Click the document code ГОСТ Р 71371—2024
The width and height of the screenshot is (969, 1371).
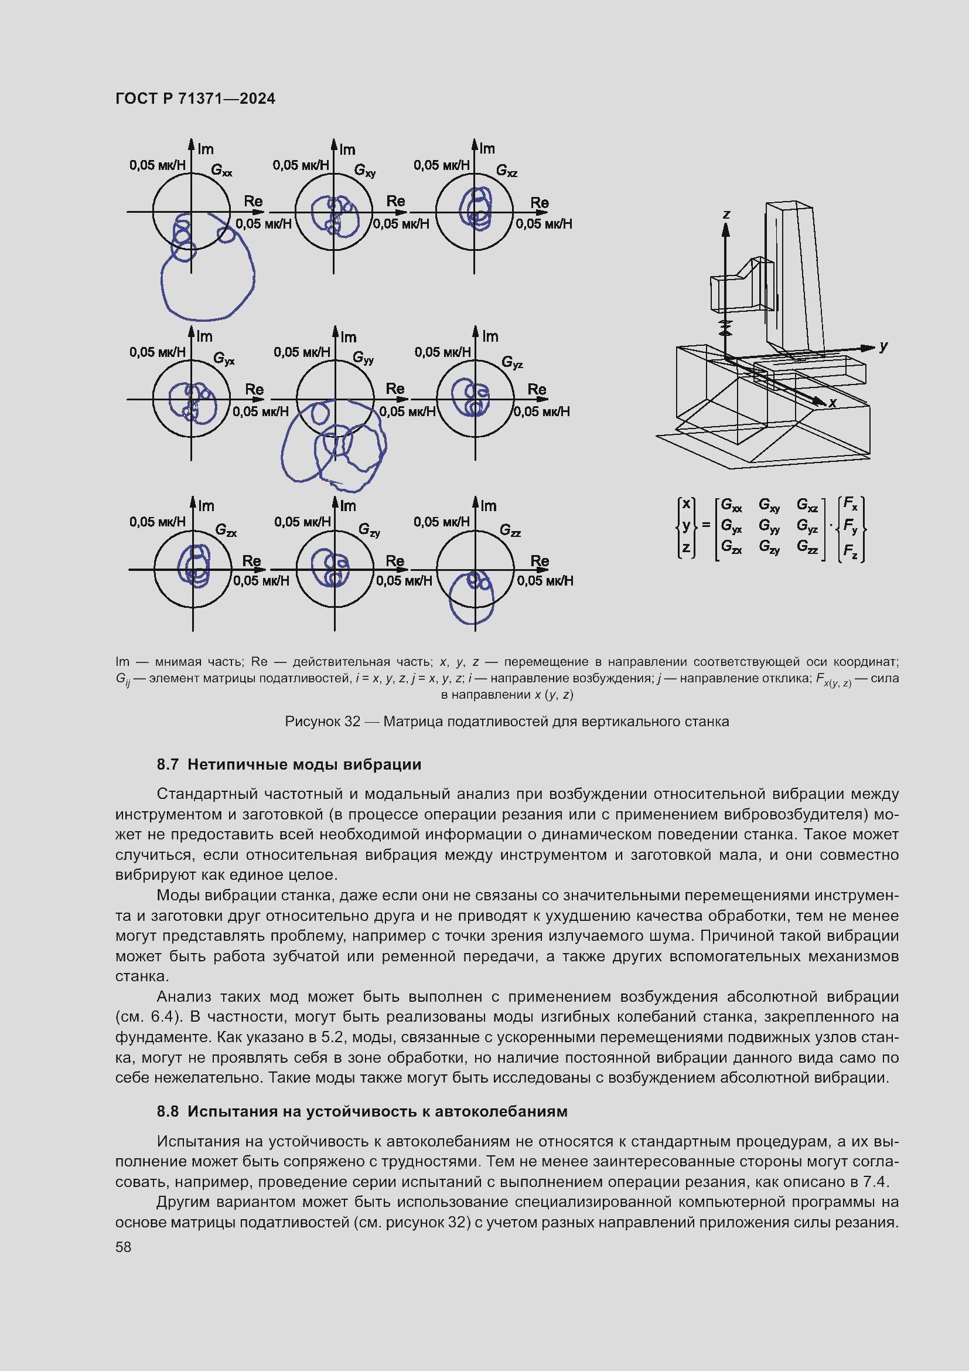tap(195, 98)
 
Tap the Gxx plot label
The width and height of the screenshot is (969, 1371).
tap(221, 170)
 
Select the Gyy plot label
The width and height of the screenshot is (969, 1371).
tap(363, 358)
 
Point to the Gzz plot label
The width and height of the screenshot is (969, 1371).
tap(510, 530)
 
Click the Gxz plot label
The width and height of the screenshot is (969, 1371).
tap(506, 171)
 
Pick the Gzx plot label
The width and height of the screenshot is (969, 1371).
tap(226, 530)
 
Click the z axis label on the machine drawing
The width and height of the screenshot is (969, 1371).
tap(726, 215)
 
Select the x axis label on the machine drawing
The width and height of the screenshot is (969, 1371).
tap(832, 403)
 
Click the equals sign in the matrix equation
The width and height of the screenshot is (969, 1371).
tap(706, 525)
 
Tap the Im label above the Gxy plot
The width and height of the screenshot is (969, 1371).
tap(347, 149)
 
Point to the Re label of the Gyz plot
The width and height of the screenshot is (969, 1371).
tap(537, 389)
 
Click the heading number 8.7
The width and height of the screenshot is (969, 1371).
tap(168, 764)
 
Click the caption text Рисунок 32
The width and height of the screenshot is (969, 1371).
tap(322, 722)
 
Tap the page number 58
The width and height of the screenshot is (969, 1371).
tap(123, 1247)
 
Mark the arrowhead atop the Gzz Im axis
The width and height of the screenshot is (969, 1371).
tap(476, 501)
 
